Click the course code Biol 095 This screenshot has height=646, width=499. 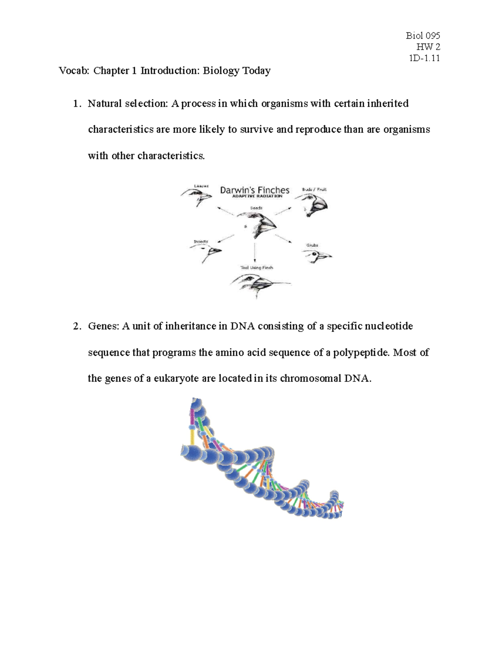(x=422, y=36)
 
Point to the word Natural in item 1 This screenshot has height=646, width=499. (x=104, y=104)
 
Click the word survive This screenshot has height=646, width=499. (x=257, y=130)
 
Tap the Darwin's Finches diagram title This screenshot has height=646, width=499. (x=254, y=190)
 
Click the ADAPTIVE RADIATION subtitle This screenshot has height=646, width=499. (x=257, y=196)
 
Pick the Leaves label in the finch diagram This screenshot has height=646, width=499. (x=201, y=186)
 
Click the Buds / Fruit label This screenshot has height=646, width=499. (x=314, y=189)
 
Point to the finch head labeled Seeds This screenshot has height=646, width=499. (x=258, y=225)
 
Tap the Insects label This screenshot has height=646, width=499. (x=201, y=242)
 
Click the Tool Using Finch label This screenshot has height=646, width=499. (x=257, y=267)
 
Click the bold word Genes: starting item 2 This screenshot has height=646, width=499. (x=103, y=327)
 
